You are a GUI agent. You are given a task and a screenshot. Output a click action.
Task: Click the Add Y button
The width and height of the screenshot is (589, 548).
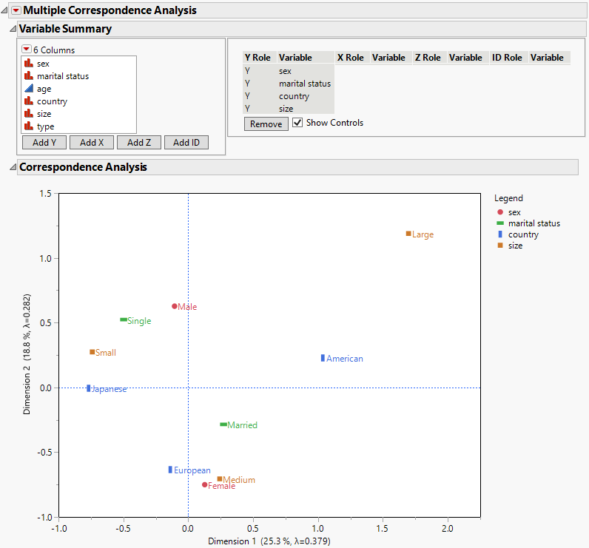(44, 143)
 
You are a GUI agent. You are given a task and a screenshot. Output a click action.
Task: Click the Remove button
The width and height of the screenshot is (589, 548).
(266, 124)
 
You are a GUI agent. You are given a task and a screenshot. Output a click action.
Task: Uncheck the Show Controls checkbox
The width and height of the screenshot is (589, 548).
(298, 123)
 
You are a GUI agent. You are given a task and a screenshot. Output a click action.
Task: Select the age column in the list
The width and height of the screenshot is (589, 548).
(44, 89)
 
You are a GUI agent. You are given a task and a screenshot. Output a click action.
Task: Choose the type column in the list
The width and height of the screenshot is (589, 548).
(45, 126)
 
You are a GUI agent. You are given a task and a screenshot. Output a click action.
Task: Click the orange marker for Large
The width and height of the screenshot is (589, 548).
(408, 234)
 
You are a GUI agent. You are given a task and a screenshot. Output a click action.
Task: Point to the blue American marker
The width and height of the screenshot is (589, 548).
(323, 358)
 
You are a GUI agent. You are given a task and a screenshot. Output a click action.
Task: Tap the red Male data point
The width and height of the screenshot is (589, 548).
(175, 306)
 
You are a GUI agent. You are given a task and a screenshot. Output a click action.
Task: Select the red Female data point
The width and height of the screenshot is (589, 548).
(205, 485)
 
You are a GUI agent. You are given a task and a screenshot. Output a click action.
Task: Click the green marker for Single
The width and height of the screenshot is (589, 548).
(123, 319)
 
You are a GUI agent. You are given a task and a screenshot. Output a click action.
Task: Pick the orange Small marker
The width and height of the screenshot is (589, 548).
(92, 352)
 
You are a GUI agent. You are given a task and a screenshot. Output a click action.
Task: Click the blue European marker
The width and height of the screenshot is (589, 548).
(170, 470)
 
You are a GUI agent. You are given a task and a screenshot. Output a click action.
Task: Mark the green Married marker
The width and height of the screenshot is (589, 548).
(223, 424)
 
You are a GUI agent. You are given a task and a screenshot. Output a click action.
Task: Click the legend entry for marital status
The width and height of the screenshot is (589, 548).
(534, 223)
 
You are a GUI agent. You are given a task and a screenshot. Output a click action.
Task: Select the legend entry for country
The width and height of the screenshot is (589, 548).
(523, 234)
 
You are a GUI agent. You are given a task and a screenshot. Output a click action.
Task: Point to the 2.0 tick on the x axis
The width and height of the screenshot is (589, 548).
(447, 528)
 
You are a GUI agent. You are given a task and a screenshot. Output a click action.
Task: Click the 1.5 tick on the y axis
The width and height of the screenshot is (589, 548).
(45, 194)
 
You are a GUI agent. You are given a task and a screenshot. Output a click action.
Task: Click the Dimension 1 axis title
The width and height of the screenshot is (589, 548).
(269, 541)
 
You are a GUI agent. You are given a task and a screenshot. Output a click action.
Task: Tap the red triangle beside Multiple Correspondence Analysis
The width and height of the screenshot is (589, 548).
(16, 10)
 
